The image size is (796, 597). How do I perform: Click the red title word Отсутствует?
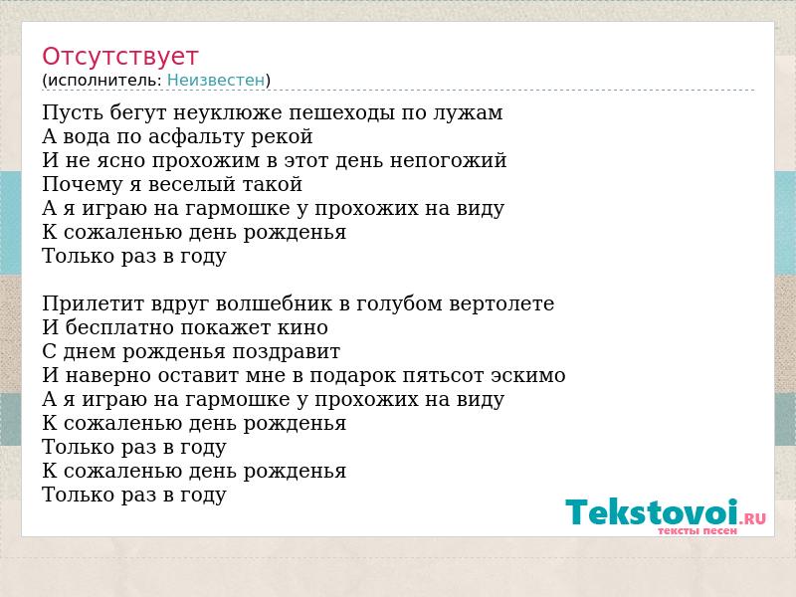[x=119, y=57]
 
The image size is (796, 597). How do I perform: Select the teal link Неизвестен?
[x=216, y=81]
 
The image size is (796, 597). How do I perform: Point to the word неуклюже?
[x=228, y=112]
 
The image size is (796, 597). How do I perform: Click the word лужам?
[x=468, y=112]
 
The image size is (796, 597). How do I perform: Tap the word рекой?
[x=290, y=136]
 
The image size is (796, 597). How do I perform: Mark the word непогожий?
[x=449, y=160]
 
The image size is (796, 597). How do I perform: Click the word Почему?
[x=83, y=184]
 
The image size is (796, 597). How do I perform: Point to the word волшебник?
[x=275, y=303]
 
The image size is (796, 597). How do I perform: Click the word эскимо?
[x=528, y=376]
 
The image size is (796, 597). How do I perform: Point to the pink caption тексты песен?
[x=697, y=531]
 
